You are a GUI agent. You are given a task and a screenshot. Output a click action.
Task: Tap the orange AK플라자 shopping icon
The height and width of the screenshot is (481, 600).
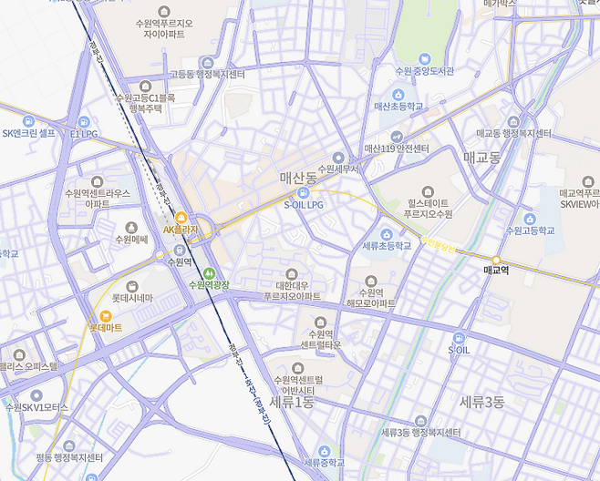pos(181,218)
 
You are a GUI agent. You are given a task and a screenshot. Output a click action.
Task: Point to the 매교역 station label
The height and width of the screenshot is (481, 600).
pos(497,271)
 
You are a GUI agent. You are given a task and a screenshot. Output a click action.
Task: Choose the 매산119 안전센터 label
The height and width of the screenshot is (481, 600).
pos(396,148)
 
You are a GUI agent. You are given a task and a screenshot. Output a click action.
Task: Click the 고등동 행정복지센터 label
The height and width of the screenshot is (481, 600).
pos(208,74)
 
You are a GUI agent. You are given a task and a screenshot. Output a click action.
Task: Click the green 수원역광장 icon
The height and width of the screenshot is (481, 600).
pos(209,272)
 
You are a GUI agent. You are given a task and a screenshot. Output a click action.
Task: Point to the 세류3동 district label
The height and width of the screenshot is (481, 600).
pos(481,401)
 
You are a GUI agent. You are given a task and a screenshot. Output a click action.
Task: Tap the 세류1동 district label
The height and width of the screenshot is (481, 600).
pos(292,401)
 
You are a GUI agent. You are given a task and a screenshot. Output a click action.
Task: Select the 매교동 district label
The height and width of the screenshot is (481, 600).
pos(482,157)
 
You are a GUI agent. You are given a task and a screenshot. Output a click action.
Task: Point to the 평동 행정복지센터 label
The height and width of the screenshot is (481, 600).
pos(68,457)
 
